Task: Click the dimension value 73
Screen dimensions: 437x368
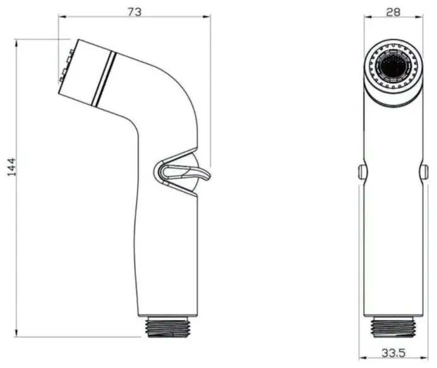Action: tap(135, 12)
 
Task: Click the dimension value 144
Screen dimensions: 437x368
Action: tap(12, 167)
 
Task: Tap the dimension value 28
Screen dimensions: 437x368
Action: tap(393, 12)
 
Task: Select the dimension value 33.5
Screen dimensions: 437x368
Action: tap(393, 353)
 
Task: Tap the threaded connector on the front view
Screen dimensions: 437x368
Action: tap(393, 327)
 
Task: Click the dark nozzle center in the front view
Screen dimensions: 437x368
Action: tap(393, 67)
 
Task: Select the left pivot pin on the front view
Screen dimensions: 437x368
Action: tap(362, 172)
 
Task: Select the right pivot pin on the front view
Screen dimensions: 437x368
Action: tap(425, 172)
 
